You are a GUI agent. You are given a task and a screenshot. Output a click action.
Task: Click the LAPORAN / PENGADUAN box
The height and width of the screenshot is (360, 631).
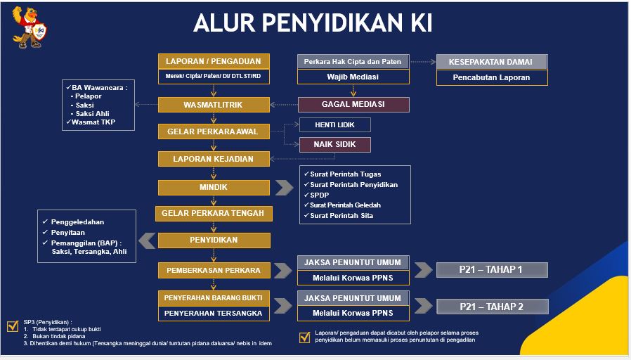tap(214, 62)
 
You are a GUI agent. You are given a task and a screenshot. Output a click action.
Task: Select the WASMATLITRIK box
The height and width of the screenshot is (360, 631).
tap(214, 105)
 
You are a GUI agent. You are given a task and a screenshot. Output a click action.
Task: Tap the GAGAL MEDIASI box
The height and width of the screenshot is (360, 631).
tap(353, 104)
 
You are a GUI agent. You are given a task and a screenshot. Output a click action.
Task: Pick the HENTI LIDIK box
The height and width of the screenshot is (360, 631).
tap(334, 125)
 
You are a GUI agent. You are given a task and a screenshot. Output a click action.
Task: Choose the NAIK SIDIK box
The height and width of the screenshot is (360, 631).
tap(334, 145)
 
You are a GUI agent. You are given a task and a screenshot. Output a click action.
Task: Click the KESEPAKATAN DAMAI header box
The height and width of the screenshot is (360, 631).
tap(492, 62)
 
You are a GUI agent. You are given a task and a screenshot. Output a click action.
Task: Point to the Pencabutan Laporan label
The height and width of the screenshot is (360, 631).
tap(491, 77)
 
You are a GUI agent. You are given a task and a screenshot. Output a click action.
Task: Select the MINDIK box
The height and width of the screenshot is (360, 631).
tap(214, 187)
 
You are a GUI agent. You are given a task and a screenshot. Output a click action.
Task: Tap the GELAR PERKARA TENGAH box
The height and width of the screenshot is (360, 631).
tap(214, 214)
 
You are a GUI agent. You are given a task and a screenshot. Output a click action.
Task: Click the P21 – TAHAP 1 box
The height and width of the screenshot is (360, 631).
tap(492, 270)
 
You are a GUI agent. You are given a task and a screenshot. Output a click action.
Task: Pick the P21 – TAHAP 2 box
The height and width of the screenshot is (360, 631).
tap(492, 307)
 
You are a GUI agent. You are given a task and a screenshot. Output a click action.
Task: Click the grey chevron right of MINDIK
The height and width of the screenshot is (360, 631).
tap(285, 187)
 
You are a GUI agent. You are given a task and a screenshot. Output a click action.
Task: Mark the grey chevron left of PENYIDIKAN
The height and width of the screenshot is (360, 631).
tap(147, 240)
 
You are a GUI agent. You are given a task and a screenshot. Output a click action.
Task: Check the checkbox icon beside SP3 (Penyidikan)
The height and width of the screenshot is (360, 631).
tap(13, 326)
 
